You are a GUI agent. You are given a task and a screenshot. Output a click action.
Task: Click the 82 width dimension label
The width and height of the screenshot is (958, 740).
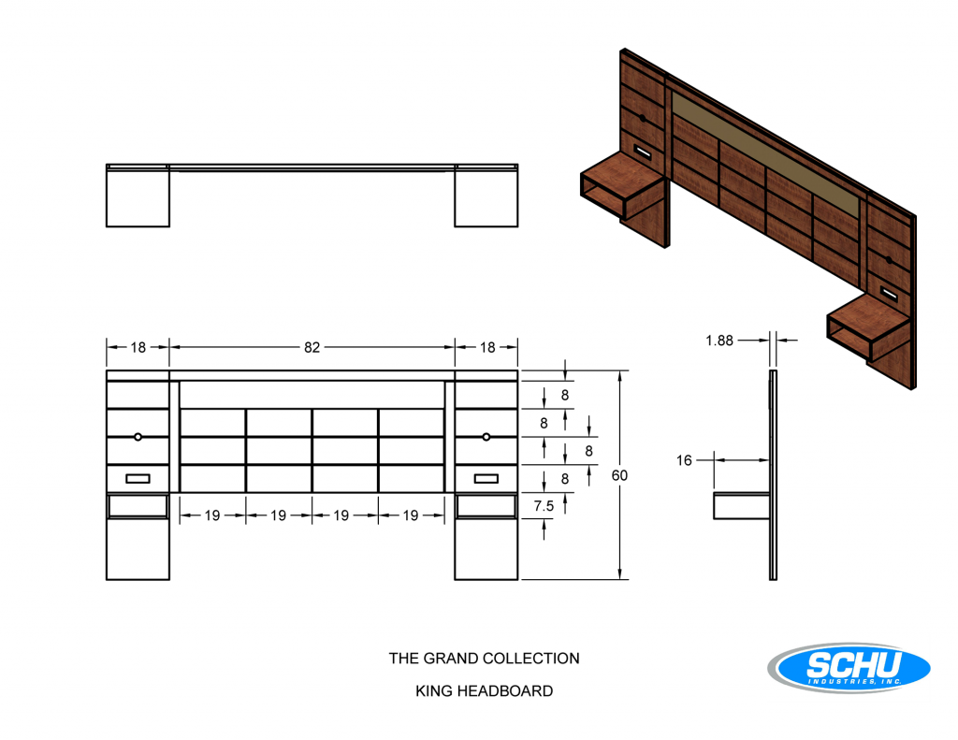(x=312, y=347)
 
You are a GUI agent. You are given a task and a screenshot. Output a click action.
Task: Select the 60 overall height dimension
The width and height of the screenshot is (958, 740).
(x=619, y=475)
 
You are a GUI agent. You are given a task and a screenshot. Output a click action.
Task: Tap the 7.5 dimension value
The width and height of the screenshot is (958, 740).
(x=544, y=506)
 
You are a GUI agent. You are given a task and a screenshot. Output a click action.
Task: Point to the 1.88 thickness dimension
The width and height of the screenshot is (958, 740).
(x=719, y=341)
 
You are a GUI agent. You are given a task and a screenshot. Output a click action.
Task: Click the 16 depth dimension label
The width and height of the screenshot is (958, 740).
(x=684, y=460)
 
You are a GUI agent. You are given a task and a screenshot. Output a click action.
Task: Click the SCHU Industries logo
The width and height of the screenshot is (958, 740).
(x=849, y=667)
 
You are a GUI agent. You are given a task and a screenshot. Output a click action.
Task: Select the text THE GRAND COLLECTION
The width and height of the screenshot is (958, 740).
(x=484, y=658)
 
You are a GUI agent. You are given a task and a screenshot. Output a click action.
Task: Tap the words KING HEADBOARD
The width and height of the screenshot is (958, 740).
(x=484, y=690)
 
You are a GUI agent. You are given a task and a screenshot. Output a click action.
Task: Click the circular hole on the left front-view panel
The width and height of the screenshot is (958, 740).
(x=138, y=437)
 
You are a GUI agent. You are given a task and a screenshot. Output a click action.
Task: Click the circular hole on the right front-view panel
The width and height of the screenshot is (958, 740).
(x=486, y=437)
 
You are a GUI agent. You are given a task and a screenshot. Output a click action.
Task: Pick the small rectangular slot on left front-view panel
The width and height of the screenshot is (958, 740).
(x=138, y=478)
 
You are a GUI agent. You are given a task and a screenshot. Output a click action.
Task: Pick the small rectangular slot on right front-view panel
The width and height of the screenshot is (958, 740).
(x=486, y=478)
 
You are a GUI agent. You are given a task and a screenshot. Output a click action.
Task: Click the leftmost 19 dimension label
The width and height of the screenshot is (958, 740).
(x=212, y=515)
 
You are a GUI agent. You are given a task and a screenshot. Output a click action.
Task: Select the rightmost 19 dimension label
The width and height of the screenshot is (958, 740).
(x=411, y=515)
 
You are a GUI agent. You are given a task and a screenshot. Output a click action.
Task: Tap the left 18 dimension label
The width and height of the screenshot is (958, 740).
(x=138, y=347)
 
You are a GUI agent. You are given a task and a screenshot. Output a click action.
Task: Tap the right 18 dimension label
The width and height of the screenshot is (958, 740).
(x=486, y=347)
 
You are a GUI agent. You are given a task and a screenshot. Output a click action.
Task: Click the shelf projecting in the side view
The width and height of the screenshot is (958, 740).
(x=741, y=506)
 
